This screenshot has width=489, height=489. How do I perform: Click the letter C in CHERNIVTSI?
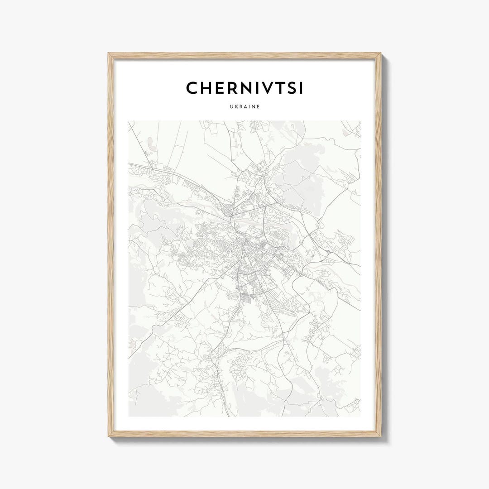192,88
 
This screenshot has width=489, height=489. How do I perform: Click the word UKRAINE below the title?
244,108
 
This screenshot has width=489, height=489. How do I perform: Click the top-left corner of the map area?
129,121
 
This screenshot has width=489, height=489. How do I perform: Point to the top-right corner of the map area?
361,121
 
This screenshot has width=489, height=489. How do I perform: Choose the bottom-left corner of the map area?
129,416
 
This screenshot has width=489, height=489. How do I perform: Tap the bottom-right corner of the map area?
361,416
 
